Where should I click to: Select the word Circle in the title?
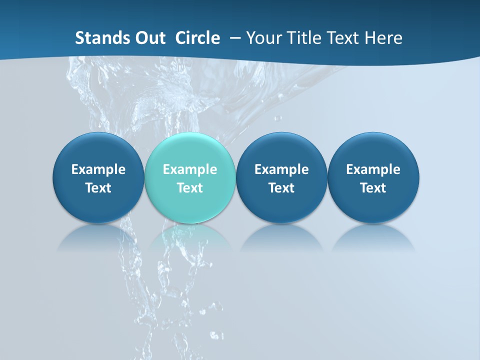(x=197, y=38)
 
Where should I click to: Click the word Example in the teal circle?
(x=190, y=169)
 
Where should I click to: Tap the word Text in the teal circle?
(x=190, y=188)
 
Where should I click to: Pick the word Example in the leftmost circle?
(x=98, y=169)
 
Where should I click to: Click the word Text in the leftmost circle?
(x=98, y=188)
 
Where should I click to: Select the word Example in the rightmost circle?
(x=373, y=169)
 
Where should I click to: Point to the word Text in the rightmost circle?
(x=373, y=188)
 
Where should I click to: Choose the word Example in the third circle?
(x=281, y=169)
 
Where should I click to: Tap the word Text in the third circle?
(x=281, y=188)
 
